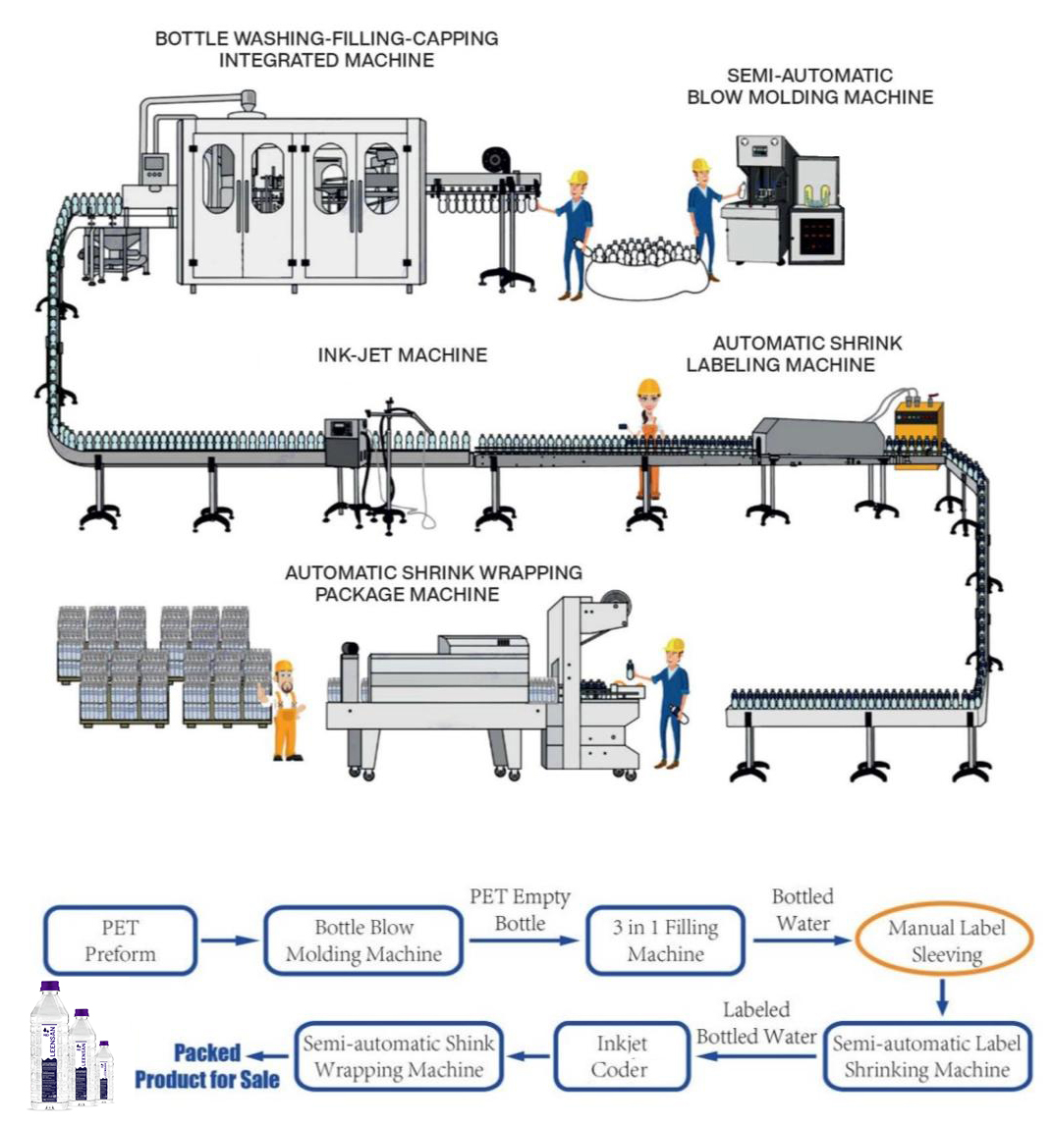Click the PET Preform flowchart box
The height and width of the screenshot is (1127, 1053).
click(x=120, y=940)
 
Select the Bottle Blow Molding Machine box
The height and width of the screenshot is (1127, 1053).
click(x=363, y=940)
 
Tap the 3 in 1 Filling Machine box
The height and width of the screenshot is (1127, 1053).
click(x=665, y=940)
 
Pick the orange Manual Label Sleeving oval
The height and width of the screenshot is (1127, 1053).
click(x=945, y=940)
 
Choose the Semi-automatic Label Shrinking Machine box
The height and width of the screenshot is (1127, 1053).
click(x=926, y=1056)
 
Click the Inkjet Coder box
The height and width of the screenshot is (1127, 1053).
click(x=620, y=1056)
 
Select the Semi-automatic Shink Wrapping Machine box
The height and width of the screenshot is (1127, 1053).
click(x=398, y=1056)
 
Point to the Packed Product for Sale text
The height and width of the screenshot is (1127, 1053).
click(x=207, y=1066)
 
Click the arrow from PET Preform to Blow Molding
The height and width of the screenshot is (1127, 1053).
click(x=230, y=940)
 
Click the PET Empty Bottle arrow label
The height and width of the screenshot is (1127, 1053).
click(x=520, y=910)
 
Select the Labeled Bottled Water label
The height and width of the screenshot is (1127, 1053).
click(x=756, y=1023)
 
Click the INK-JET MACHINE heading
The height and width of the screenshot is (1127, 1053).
click(x=402, y=355)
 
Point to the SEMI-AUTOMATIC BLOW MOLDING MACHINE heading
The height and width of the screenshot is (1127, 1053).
click(x=809, y=86)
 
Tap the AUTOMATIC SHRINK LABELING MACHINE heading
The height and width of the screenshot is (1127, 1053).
click(x=793, y=354)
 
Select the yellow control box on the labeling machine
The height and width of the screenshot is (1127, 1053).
click(x=918, y=421)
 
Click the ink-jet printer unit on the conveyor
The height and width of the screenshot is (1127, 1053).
click(x=345, y=441)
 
